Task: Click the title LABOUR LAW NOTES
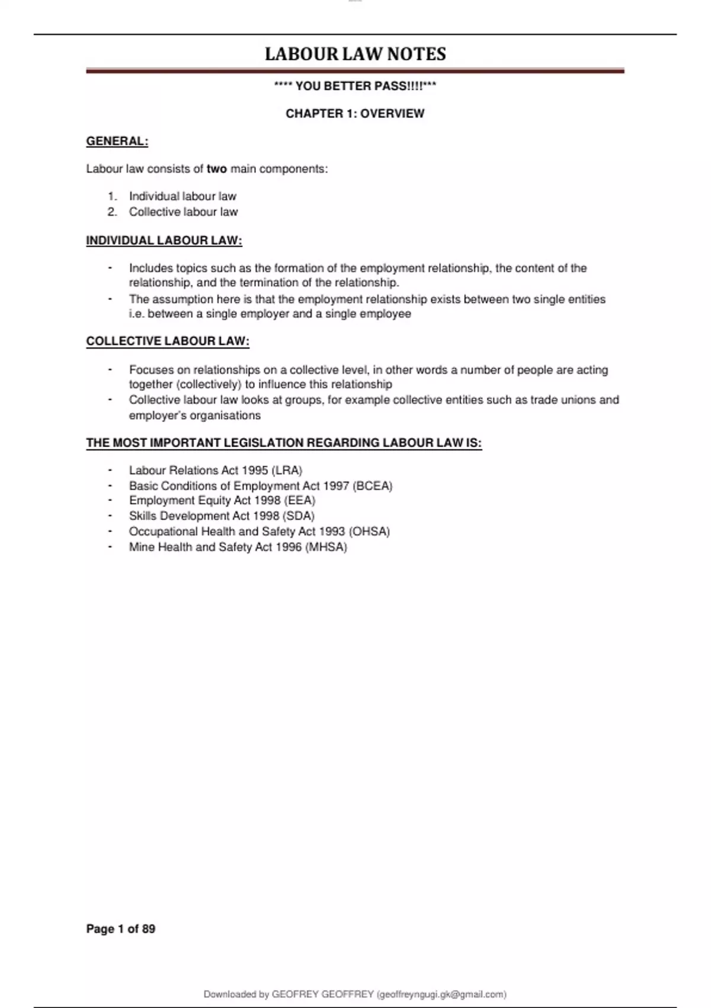[x=355, y=54]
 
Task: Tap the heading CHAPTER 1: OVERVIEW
[x=355, y=113]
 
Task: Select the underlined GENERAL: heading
[x=117, y=141]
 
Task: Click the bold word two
[x=217, y=169]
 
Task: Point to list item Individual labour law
[x=182, y=196]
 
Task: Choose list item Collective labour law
[x=183, y=212]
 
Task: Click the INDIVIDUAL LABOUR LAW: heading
[x=164, y=240]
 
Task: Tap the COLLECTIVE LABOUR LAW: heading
[x=168, y=341]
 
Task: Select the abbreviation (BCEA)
[x=372, y=486]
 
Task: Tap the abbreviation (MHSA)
[x=326, y=547]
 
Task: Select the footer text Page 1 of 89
[x=121, y=929]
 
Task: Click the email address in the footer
[x=441, y=994]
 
